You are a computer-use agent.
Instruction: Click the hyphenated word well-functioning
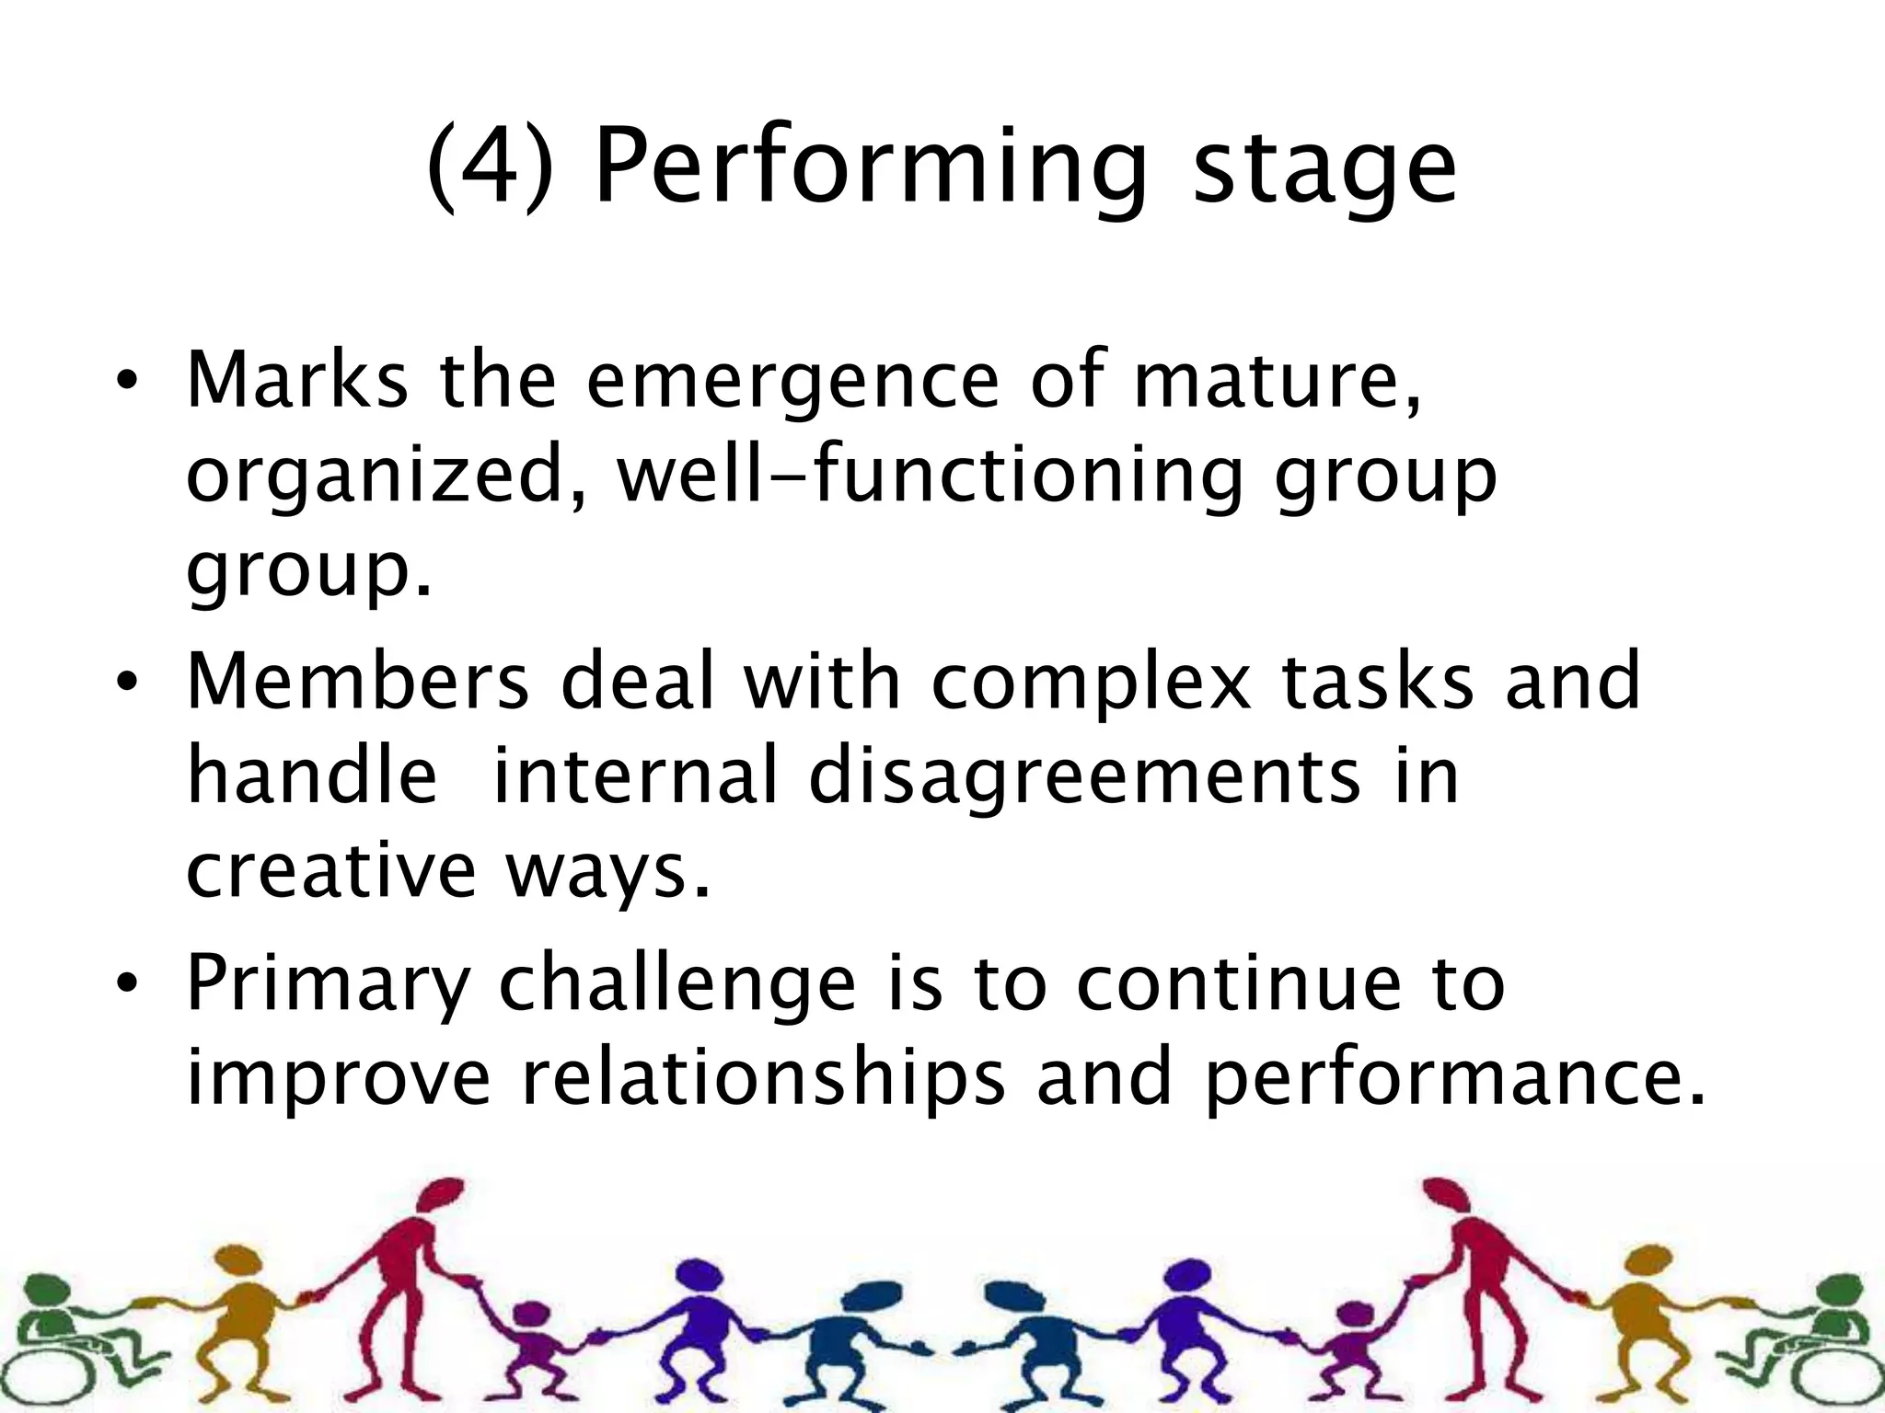930,476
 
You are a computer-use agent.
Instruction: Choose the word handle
312,775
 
